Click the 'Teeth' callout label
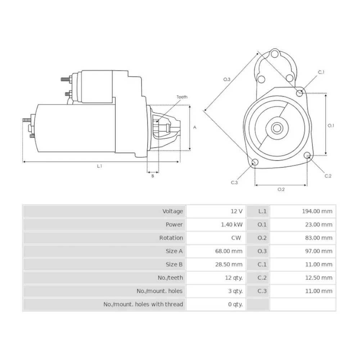(x=182, y=97)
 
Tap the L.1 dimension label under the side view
(x=99, y=166)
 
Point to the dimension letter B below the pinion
(x=153, y=176)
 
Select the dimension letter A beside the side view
(x=195, y=127)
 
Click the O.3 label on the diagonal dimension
(x=227, y=79)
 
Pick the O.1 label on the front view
(x=331, y=126)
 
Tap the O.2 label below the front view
(x=281, y=189)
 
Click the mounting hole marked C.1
(x=300, y=93)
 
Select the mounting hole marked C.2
(x=307, y=156)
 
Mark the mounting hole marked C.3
(x=255, y=162)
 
